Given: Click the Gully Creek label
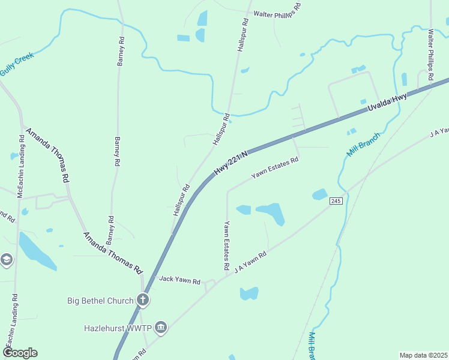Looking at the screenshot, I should pyautogui.click(x=17, y=64).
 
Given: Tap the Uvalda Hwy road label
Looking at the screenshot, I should pyautogui.click(x=387, y=103).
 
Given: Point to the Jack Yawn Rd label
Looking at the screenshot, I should pyautogui.click(x=179, y=280).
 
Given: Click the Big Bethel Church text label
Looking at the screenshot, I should pyautogui.click(x=100, y=300).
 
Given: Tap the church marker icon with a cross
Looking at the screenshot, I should pyautogui.click(x=143, y=299).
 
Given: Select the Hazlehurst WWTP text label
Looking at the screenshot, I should pyautogui.click(x=118, y=328).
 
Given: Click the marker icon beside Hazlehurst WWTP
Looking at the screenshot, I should pyautogui.click(x=161, y=328).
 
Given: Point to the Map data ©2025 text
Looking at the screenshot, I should pyautogui.click(x=423, y=355).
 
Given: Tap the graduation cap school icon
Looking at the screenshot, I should pyautogui.click(x=6, y=259).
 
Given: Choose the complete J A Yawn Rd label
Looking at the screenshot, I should pyautogui.click(x=250, y=262).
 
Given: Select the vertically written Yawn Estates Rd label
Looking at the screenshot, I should pyautogui.click(x=227, y=245).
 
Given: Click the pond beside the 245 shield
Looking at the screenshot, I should pyautogui.click(x=320, y=194).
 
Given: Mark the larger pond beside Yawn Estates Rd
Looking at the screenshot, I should pyautogui.click(x=272, y=212).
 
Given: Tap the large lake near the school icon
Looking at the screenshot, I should pyautogui.click(x=36, y=251).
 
